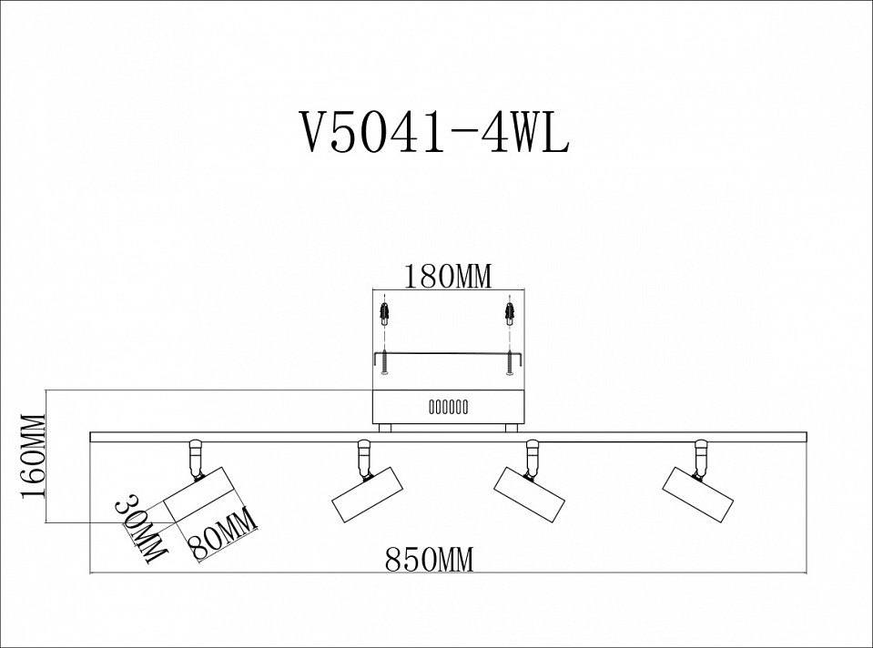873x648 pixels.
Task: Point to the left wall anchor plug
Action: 386,316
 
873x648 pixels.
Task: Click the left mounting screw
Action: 386,362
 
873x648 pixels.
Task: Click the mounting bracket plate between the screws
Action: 446,354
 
